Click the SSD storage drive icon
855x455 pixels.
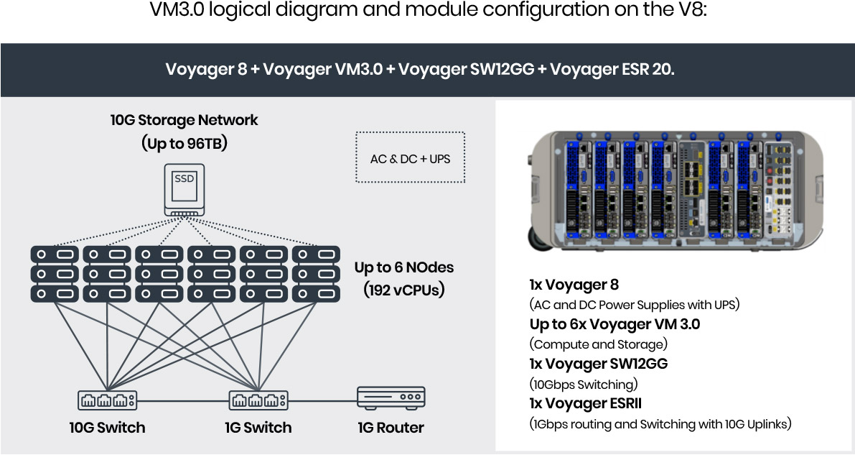click(184, 190)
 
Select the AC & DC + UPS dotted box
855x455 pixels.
click(410, 158)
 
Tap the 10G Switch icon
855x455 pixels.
click(107, 400)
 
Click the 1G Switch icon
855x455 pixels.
click(258, 400)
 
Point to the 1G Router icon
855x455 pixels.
click(391, 397)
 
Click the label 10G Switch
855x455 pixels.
click(107, 428)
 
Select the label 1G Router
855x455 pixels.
click(391, 428)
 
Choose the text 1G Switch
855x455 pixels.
click(258, 428)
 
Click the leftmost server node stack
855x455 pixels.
click(55, 274)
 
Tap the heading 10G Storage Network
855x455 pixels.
click(184, 120)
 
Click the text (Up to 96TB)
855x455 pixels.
click(184, 143)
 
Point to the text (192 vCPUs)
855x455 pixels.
click(403, 290)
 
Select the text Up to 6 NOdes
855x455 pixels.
click(403, 268)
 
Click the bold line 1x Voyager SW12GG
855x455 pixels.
click(598, 364)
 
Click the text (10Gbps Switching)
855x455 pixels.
click(583, 384)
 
